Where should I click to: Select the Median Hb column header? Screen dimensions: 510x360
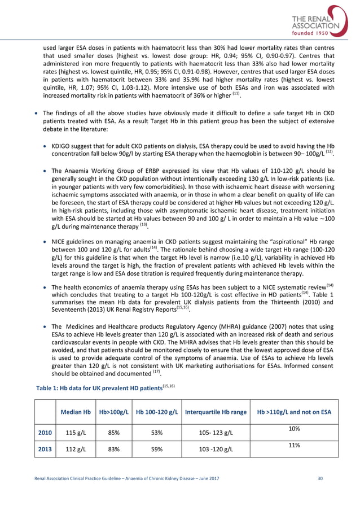pos(75,412)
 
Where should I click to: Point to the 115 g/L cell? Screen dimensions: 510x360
pos(75,432)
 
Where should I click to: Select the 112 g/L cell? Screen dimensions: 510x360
pos(75,450)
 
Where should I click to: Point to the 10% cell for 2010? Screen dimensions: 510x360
pos(293,429)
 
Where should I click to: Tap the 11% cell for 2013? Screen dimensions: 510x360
pos(293,446)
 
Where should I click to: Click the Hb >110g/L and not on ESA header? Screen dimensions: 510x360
pos(293,412)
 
